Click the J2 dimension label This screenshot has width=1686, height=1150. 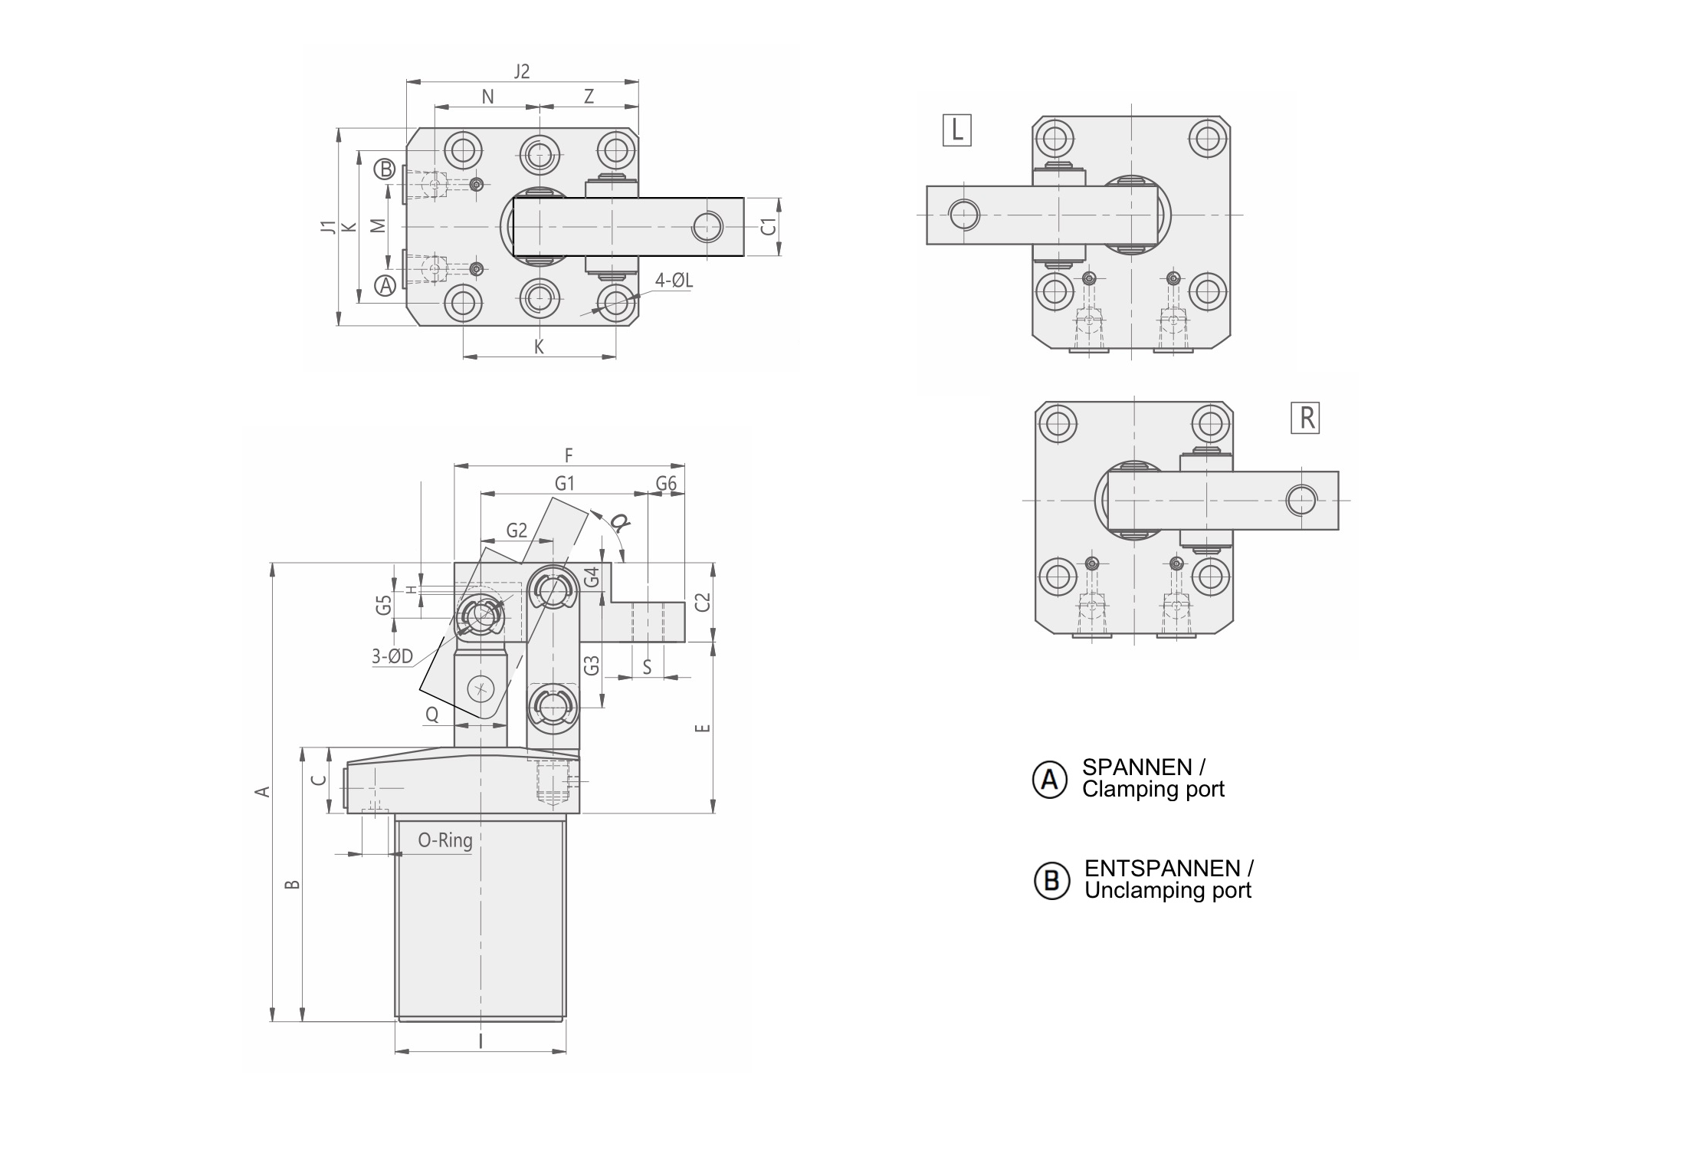(521, 71)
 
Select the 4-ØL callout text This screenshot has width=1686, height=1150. (674, 281)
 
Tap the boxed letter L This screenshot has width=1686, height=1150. (957, 130)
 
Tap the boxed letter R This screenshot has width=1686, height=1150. (1305, 418)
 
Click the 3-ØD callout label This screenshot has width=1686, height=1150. (392, 656)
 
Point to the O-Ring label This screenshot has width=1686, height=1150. (444, 840)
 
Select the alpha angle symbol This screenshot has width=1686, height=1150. (619, 523)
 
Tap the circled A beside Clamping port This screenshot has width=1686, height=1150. (1049, 780)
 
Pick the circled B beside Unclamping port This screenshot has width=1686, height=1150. (1051, 881)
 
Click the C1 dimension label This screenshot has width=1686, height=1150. (769, 227)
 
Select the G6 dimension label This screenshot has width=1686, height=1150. (666, 483)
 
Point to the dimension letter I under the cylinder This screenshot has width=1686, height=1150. (481, 1041)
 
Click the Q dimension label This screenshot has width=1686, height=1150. (432, 715)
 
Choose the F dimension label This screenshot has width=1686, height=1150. (569, 455)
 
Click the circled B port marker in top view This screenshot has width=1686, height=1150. (385, 169)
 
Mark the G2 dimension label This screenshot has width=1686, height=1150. (517, 531)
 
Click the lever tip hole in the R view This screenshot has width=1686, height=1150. (1301, 501)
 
